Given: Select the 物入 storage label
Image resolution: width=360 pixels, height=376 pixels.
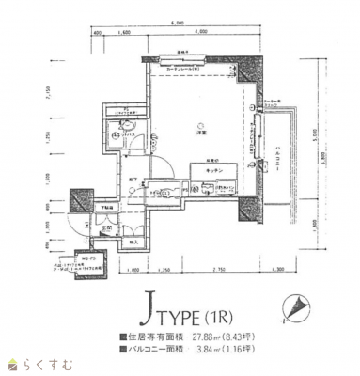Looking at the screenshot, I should coord(133,241).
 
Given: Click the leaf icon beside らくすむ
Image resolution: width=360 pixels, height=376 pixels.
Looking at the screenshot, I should coord(12,364).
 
